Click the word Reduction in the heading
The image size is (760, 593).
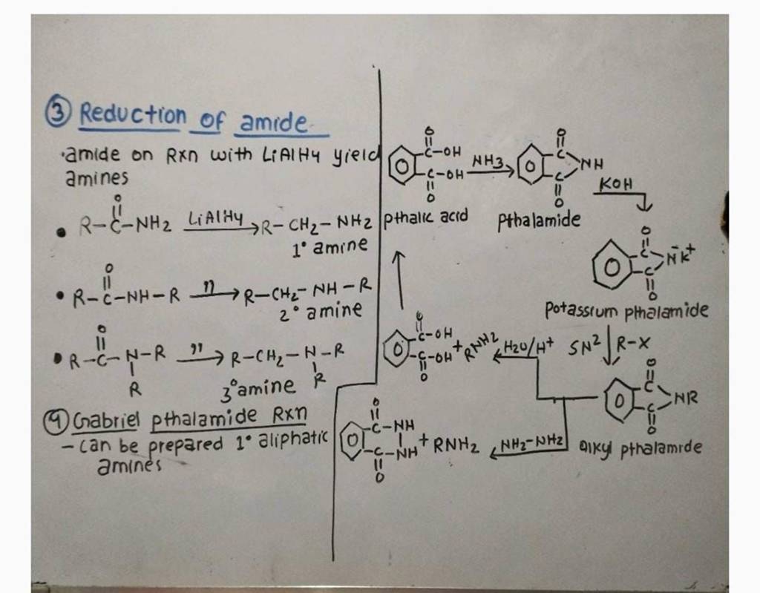(x=134, y=114)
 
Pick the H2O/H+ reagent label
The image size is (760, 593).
(x=528, y=344)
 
